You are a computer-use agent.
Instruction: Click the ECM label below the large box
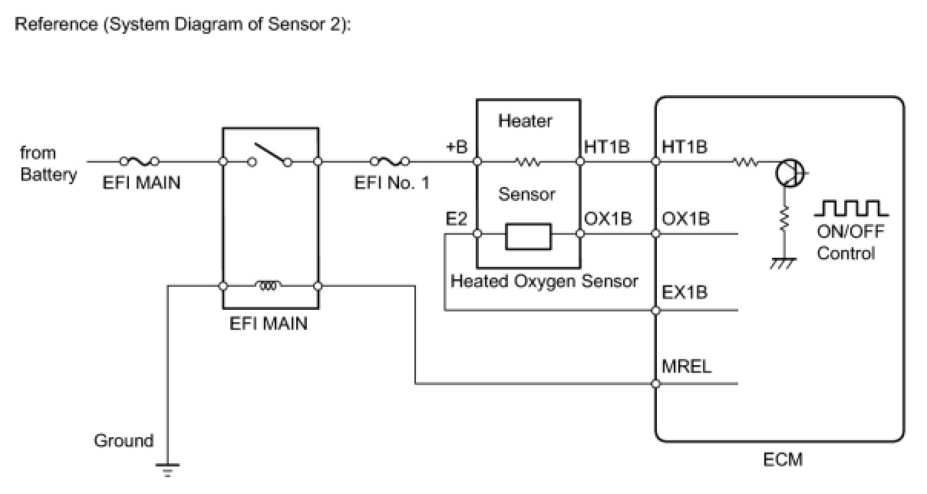point(783,459)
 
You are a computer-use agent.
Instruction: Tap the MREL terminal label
point(686,367)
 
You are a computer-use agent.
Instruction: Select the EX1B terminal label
point(685,292)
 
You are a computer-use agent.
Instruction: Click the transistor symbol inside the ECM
point(788,173)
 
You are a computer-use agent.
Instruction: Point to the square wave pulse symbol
point(851,208)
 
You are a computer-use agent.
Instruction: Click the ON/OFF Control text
point(846,243)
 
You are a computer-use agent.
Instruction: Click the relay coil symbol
point(269,287)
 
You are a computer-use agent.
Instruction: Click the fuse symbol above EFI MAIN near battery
point(140,161)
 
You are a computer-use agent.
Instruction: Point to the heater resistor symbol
point(528,162)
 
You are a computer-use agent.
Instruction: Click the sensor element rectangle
point(528,235)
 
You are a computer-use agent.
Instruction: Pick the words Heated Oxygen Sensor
point(544,282)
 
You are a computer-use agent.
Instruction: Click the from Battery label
point(48,163)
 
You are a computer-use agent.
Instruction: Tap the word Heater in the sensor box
point(525,120)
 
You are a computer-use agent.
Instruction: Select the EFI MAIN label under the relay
point(269,324)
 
